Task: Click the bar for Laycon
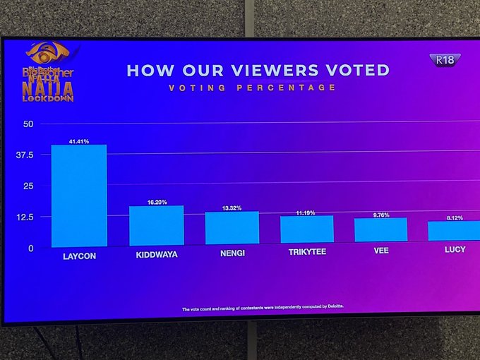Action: [x=79, y=196]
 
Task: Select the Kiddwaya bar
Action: [x=156, y=225]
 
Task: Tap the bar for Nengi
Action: [x=232, y=227]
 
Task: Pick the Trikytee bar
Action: [x=306, y=229]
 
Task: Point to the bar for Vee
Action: [x=380, y=230]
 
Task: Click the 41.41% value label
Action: [x=79, y=142]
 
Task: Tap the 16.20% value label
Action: [x=157, y=202]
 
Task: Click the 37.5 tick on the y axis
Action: [x=24, y=155]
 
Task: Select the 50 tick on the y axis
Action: [x=28, y=124]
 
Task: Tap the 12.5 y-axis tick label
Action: [x=24, y=217]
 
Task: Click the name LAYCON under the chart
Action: [x=78, y=256]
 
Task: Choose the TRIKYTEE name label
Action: [x=307, y=251]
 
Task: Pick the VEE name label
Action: [x=381, y=251]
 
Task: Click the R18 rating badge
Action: [x=445, y=60]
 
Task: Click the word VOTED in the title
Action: [x=358, y=70]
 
